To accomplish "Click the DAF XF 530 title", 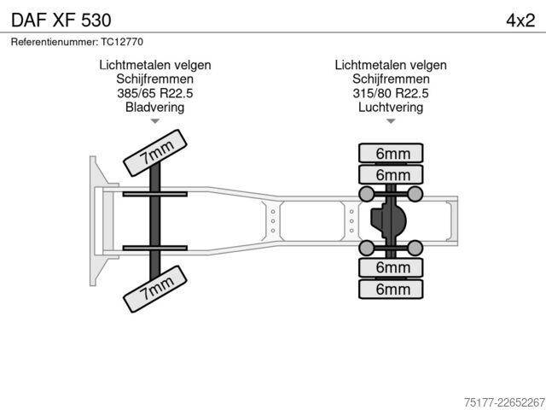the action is pos(61,20).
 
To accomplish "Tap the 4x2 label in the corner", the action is pos(520,20).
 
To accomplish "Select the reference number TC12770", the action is pos(122,42).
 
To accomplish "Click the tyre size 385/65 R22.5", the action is pos(155,93).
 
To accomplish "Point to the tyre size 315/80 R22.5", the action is pos(391,93).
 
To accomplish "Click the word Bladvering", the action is pos(155,107).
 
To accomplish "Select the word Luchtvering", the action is pos(391,107).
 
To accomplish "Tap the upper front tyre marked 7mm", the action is pos(155,153).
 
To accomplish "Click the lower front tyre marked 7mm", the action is pos(155,289).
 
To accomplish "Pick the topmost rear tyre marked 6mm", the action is pos(391,154).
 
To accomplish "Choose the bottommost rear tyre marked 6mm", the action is pos(391,289).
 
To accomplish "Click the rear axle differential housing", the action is pos(388,220).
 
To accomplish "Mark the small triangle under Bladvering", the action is pos(155,121).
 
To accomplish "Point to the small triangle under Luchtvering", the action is pos(391,121).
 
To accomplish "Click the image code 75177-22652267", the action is pos(504,402).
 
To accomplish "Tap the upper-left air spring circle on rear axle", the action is pos(366,194).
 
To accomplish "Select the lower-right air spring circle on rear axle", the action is pos(415,249).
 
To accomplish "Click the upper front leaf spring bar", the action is pos(155,194).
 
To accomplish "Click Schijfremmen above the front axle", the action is pos(155,79).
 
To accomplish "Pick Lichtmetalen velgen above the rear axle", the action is pos(391,65).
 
